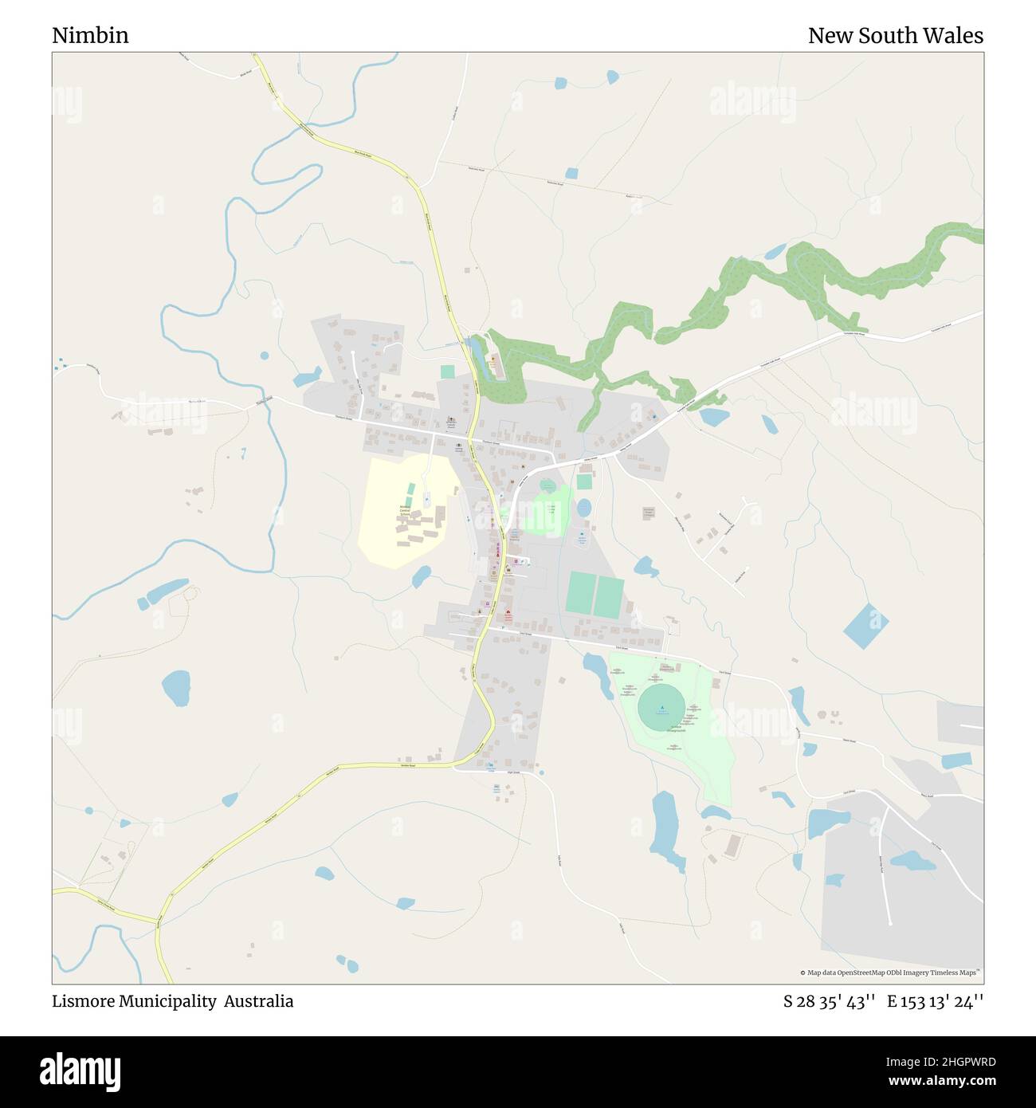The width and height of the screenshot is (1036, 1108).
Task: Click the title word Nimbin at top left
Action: click(90, 36)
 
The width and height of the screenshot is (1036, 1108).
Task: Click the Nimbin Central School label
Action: click(405, 511)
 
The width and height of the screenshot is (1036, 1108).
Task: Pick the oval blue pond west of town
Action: click(176, 686)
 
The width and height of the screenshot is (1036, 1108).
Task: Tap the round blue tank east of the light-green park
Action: click(585, 507)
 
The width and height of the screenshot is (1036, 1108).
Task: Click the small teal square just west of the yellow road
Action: click(447, 372)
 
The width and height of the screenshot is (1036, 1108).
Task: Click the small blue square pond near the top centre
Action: click(571, 173)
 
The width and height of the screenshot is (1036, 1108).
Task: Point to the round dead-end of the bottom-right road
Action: click(889, 922)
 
